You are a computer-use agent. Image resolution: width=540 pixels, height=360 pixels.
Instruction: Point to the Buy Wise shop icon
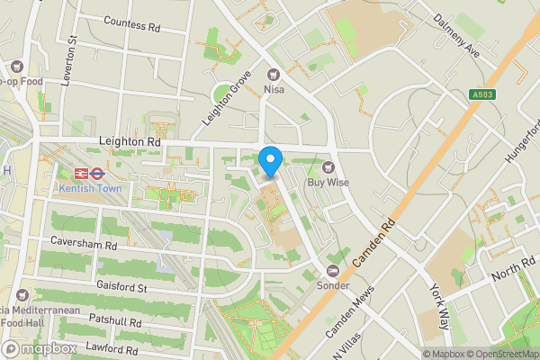click(x=328, y=166)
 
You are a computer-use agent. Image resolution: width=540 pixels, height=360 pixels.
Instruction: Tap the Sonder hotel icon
click(x=333, y=270)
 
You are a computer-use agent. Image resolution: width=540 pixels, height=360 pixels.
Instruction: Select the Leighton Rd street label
click(x=129, y=142)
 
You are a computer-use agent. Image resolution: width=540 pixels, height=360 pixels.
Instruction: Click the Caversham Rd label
click(x=85, y=245)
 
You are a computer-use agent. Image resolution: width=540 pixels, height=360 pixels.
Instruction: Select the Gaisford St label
click(x=121, y=287)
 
